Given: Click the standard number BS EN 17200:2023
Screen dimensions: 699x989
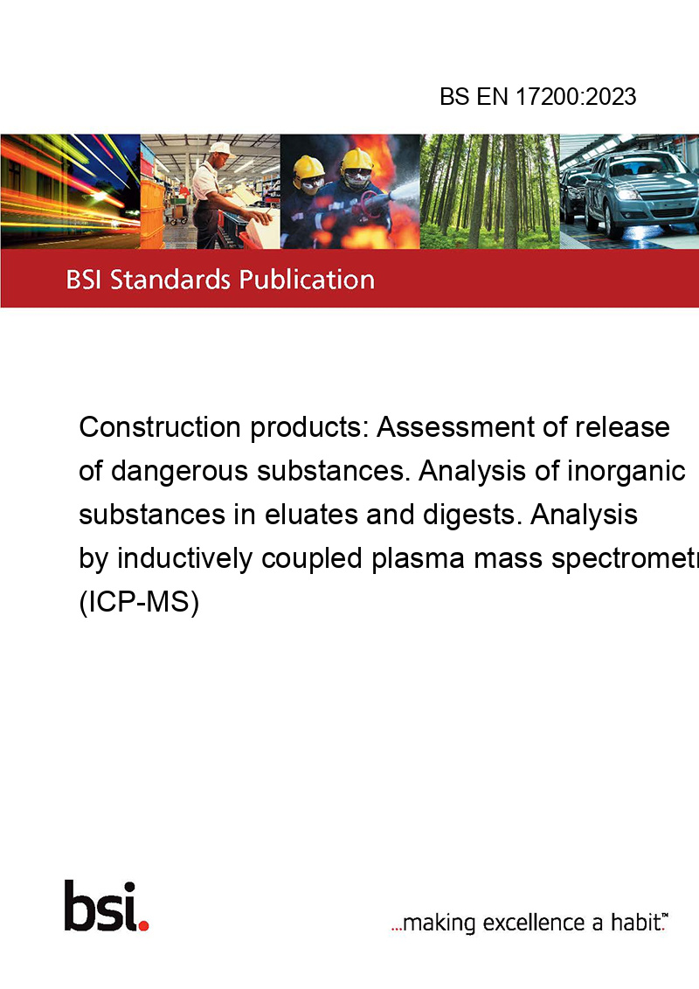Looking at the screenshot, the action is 537,97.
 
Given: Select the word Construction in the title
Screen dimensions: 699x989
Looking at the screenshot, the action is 160,427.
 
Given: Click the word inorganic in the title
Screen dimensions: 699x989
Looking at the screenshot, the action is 626,471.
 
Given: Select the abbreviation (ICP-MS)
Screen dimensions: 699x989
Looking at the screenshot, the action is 139,602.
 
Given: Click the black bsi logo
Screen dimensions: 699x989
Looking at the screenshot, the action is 100,906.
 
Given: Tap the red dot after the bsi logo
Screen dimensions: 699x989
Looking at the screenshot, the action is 143,925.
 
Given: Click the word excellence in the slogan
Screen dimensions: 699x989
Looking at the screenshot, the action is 534,923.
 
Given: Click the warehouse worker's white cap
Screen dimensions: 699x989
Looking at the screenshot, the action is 220,149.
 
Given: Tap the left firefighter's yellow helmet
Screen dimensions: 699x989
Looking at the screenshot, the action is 308,167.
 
